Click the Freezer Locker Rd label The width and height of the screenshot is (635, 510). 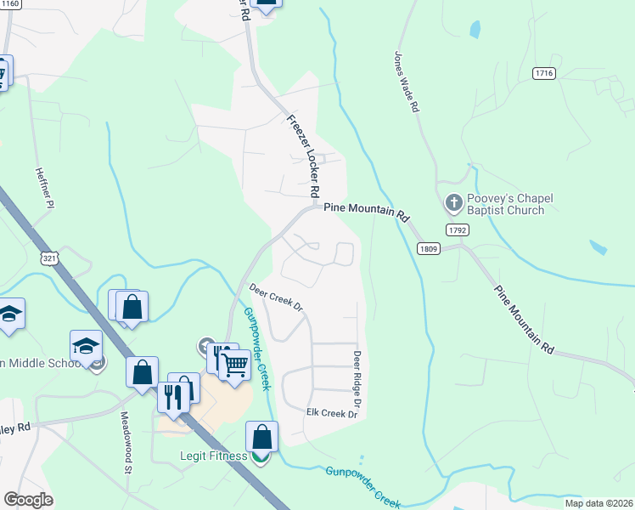click(303, 152)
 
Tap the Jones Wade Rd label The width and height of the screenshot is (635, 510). click(407, 82)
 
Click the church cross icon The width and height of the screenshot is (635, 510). click(453, 203)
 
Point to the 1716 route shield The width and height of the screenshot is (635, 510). click(544, 74)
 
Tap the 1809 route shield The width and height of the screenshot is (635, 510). click(428, 247)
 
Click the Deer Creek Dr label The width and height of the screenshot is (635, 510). click(276, 297)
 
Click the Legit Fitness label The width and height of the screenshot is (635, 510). click(213, 456)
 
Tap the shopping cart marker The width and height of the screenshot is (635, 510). click(235, 365)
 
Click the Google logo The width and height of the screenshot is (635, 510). click(29, 500)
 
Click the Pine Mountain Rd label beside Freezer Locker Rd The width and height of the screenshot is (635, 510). click(366, 206)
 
